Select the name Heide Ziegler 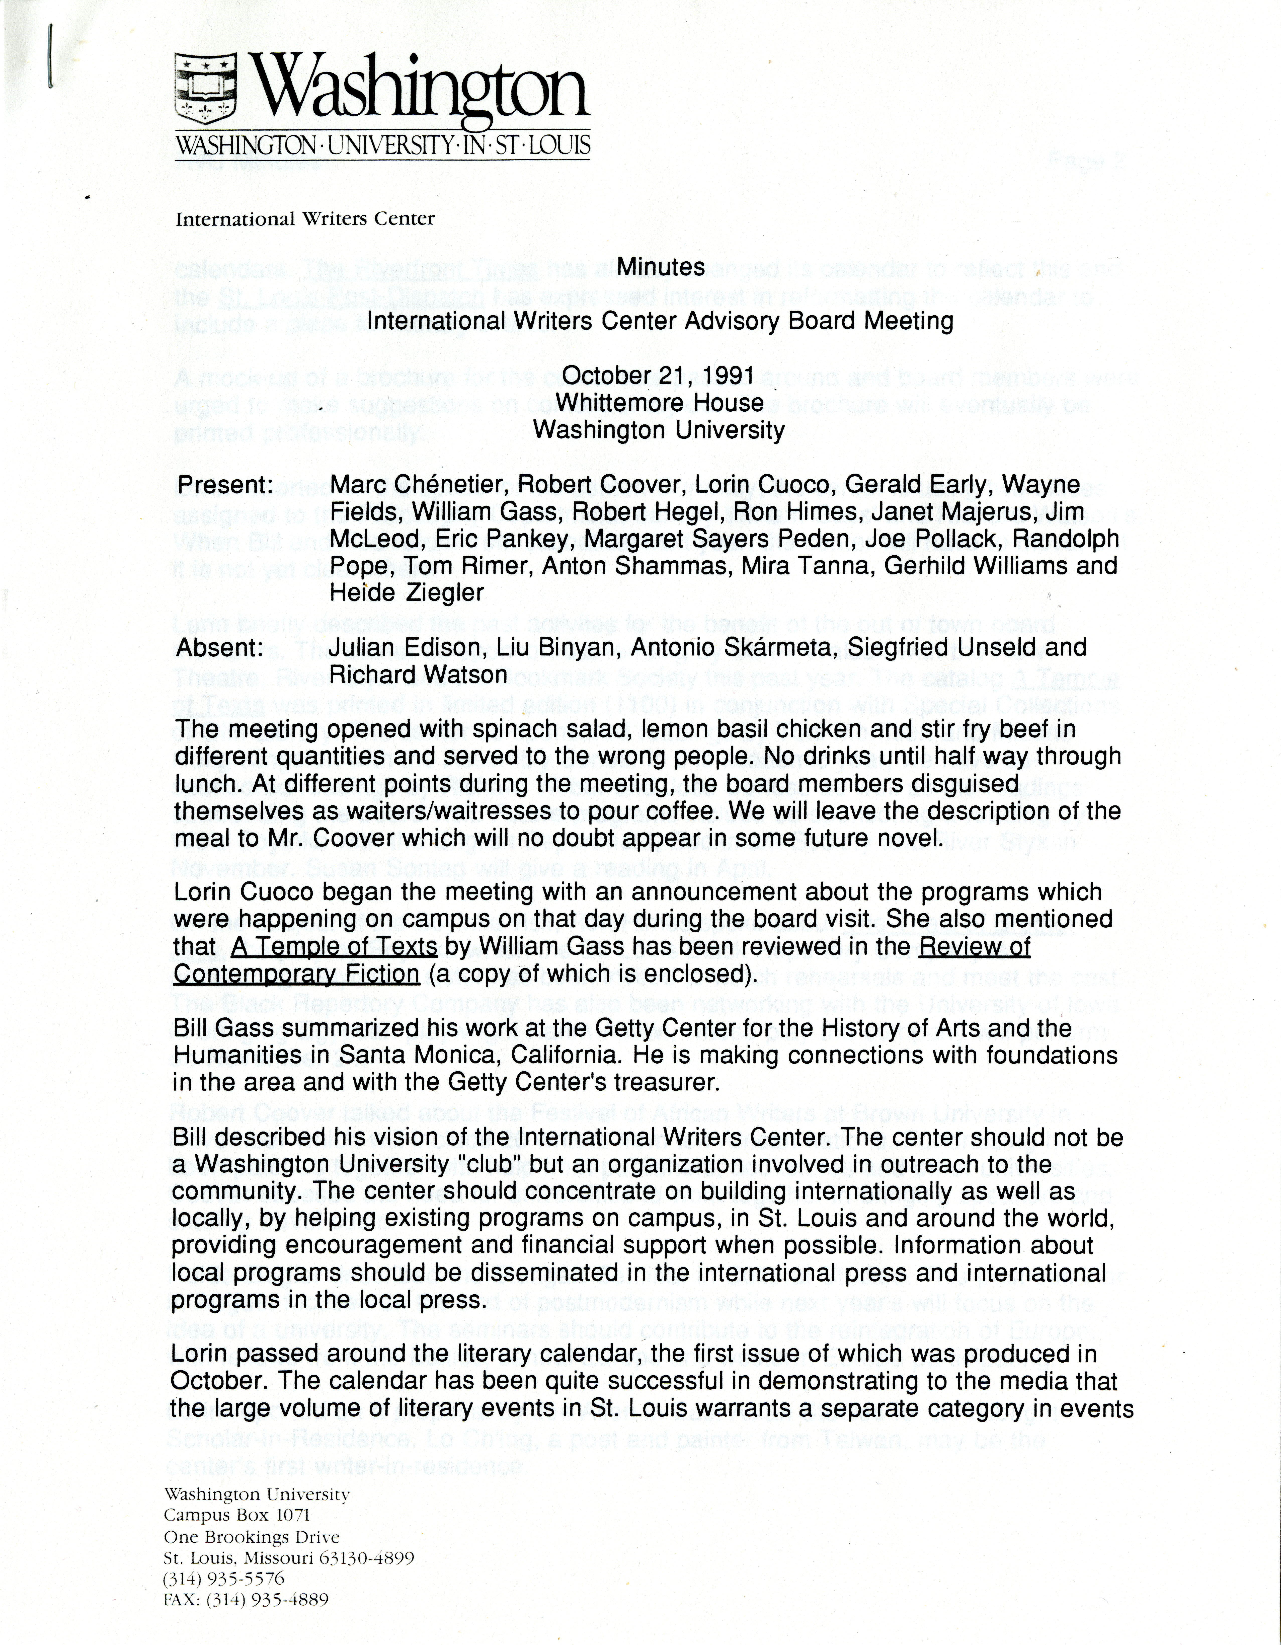click(407, 593)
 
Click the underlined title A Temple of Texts click(334, 946)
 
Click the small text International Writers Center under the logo click(305, 219)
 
